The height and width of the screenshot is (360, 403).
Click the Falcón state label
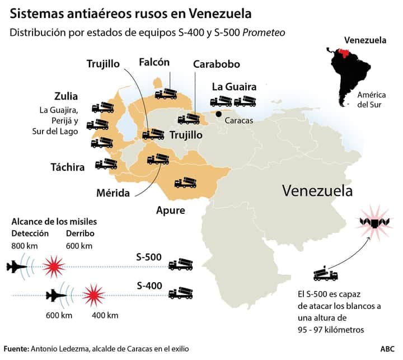(154, 62)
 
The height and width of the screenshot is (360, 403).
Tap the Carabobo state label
(217, 64)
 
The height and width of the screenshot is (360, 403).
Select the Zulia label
(66, 96)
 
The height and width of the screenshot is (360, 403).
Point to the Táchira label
(68, 167)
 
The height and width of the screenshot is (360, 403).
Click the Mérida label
(113, 193)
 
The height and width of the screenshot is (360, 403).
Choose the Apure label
(171, 211)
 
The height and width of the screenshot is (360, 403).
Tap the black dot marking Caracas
(219, 114)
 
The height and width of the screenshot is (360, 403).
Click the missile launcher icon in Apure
(185, 183)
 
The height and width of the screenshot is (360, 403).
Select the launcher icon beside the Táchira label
(106, 164)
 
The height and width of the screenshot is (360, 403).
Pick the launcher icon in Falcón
(166, 94)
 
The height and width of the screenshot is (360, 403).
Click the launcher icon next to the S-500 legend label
(180, 264)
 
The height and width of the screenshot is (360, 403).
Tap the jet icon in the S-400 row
(55, 296)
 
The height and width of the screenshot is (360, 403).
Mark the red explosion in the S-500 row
(54, 267)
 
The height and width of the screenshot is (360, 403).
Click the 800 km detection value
(25, 246)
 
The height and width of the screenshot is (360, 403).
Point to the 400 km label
(105, 315)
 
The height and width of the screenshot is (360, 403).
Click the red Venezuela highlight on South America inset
(345, 53)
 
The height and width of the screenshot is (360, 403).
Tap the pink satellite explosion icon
(374, 222)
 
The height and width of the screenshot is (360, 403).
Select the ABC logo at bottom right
(387, 349)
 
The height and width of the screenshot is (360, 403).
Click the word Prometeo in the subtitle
(264, 32)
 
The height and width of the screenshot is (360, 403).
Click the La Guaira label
(234, 87)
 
